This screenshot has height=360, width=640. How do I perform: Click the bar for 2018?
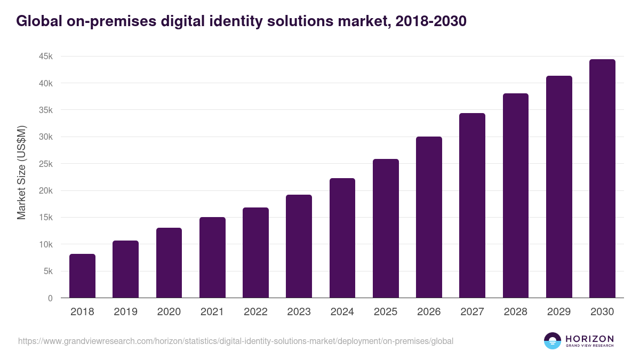pyautogui.click(x=82, y=276)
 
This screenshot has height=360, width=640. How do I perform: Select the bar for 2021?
pyautogui.click(x=212, y=257)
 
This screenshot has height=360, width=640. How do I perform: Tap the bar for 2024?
pyautogui.click(x=342, y=238)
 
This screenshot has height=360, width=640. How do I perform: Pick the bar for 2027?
pyautogui.click(x=472, y=205)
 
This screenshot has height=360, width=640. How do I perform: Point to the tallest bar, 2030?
pyautogui.click(x=602, y=178)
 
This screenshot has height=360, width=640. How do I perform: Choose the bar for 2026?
pyautogui.click(x=429, y=217)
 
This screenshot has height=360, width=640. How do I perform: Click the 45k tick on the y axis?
pyautogui.click(x=45, y=57)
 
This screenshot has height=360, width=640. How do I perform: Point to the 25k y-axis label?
pyautogui.click(x=45, y=164)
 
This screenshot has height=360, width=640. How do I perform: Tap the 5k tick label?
pyautogui.click(x=47, y=271)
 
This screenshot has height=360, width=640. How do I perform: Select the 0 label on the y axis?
pyautogui.click(x=50, y=298)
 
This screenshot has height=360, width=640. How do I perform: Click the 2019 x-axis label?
pyautogui.click(x=125, y=312)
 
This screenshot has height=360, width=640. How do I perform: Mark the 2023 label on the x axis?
pyautogui.click(x=299, y=312)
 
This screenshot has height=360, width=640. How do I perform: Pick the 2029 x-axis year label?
pyautogui.click(x=559, y=312)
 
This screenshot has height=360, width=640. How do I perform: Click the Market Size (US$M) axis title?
pyautogui.click(x=21, y=172)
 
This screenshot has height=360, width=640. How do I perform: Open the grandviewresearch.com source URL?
pyautogui.click(x=236, y=341)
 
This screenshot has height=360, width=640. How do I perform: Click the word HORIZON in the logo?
pyautogui.click(x=589, y=339)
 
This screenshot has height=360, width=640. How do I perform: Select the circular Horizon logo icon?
pyautogui.click(x=553, y=341)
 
